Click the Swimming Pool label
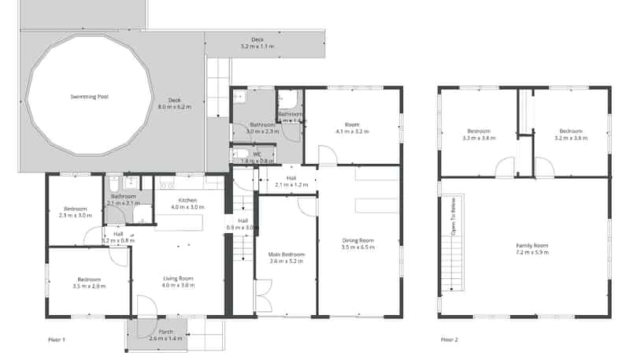click(x=87, y=96)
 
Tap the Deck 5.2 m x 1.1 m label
click(x=257, y=43)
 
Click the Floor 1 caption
click(x=57, y=340)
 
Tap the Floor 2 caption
click(x=449, y=340)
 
